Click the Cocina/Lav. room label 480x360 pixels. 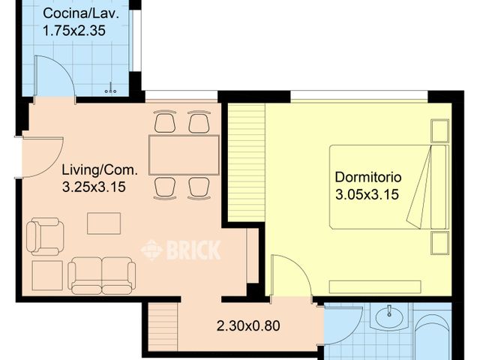80,13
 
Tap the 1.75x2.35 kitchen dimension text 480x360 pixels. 74,31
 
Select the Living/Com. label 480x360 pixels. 100,170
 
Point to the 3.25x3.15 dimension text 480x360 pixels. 94,187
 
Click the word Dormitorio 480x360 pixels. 368,177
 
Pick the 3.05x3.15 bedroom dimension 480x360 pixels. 367,194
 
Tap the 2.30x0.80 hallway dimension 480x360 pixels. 248,325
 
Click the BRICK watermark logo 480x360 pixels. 181,250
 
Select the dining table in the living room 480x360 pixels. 184,155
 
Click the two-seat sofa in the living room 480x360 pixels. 102,275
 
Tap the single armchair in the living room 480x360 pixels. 45,236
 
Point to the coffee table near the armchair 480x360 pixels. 103,223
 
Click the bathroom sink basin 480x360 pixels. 388,317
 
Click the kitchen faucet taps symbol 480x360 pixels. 110,88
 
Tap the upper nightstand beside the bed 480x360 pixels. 440,130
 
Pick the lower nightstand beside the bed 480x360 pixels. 440,243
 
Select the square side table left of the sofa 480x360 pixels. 47,275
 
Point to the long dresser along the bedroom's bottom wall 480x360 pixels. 375,286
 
